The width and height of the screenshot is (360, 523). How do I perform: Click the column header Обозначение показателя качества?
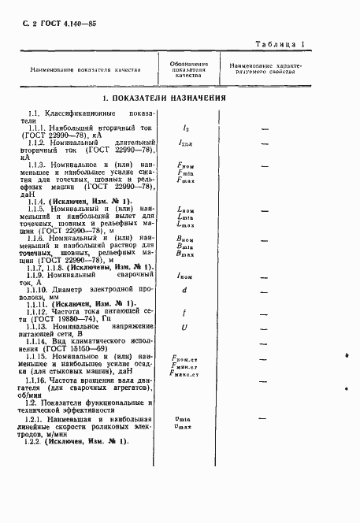(189, 69)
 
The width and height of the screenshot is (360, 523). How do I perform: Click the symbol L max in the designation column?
(187, 226)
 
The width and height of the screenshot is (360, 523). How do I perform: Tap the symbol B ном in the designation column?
(187, 239)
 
